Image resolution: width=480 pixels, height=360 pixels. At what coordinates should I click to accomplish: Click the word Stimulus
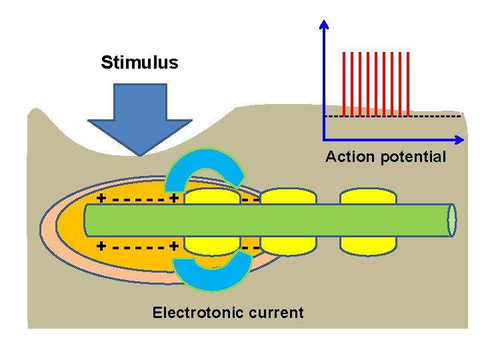point(139,63)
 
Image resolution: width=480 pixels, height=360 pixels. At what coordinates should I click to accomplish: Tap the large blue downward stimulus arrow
point(140,117)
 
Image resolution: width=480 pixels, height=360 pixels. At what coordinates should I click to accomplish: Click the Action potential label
point(385,157)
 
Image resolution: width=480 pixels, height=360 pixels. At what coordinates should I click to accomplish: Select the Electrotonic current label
point(228,313)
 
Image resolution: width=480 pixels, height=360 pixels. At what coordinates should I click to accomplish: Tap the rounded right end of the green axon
point(452,221)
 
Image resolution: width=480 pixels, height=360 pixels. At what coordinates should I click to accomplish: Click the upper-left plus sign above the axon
point(100,198)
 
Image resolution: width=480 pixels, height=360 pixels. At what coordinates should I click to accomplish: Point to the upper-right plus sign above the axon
point(173,198)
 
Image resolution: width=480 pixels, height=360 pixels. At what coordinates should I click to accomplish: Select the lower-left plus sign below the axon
point(100,245)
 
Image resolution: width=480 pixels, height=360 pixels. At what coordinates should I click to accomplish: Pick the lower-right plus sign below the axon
point(173,245)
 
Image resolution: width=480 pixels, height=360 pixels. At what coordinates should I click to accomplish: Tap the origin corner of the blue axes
point(324,140)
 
